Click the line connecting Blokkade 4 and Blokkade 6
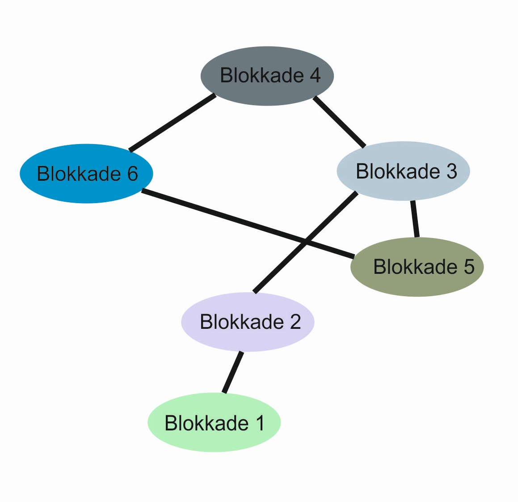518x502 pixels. pyautogui.click(x=172, y=123)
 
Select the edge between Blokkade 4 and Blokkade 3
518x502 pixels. pyautogui.click(x=339, y=122)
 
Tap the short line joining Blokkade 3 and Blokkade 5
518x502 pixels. pyautogui.click(x=415, y=219)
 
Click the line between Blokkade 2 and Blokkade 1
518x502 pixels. pyautogui.click(x=233, y=372)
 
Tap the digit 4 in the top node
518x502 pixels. pyautogui.click(x=315, y=75)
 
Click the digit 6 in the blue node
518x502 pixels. pyautogui.click(x=132, y=174)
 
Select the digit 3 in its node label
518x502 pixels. pyautogui.click(x=451, y=171)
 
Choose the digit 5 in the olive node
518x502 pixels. pyautogui.click(x=468, y=267)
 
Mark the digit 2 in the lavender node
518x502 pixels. pyautogui.click(x=295, y=322)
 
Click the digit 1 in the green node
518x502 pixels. pyautogui.click(x=260, y=423)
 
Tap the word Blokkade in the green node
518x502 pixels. pyautogui.click(x=206, y=423)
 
